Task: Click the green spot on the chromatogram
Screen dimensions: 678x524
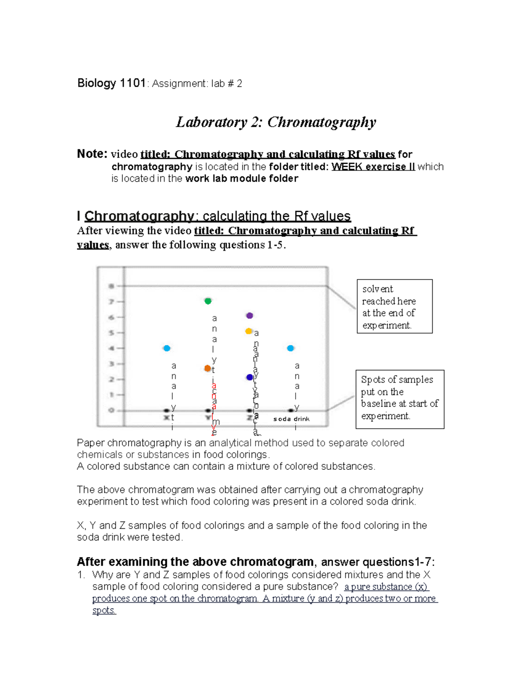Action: point(208,301)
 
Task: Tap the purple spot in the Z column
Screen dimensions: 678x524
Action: point(249,316)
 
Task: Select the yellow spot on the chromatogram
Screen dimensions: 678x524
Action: point(248,331)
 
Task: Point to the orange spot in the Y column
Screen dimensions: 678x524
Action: point(208,368)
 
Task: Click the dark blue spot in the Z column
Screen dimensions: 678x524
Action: point(250,377)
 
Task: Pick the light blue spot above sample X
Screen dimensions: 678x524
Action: point(167,348)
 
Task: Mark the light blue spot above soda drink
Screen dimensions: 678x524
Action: point(291,348)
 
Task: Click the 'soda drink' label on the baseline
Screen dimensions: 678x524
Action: point(291,419)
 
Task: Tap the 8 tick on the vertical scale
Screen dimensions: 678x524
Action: point(112,286)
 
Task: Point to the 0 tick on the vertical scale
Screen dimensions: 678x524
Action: point(112,410)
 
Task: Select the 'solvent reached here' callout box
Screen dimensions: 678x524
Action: point(394,306)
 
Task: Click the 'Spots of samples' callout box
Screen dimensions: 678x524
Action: point(400,399)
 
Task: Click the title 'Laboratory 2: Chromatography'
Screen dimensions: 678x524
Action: point(276,122)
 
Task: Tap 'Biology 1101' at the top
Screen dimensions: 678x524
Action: point(111,83)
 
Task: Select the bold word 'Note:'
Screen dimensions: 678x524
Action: point(92,154)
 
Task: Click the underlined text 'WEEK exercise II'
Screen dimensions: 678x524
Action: point(373,167)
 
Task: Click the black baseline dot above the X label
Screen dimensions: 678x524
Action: point(166,410)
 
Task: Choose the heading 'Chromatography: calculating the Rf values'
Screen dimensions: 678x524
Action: point(217,216)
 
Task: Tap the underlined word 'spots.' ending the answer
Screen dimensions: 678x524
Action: point(104,610)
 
